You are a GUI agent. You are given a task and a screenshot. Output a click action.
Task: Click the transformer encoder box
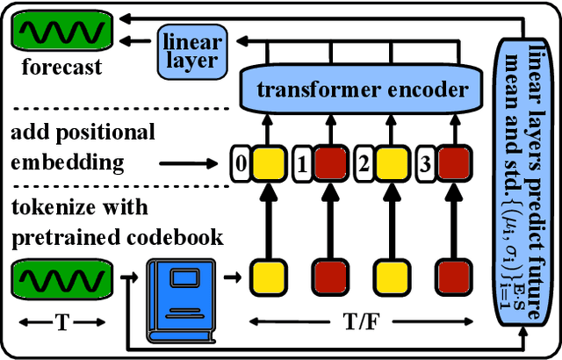362,90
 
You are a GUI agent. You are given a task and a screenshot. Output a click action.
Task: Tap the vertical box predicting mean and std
525,176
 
